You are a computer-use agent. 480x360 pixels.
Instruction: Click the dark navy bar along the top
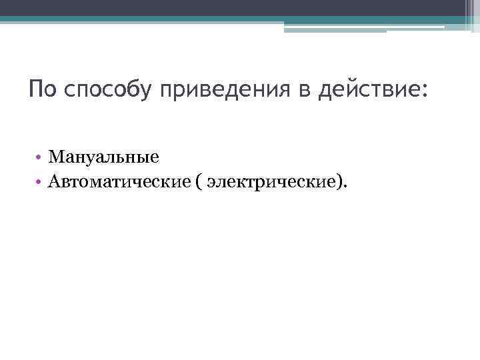(240, 7)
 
